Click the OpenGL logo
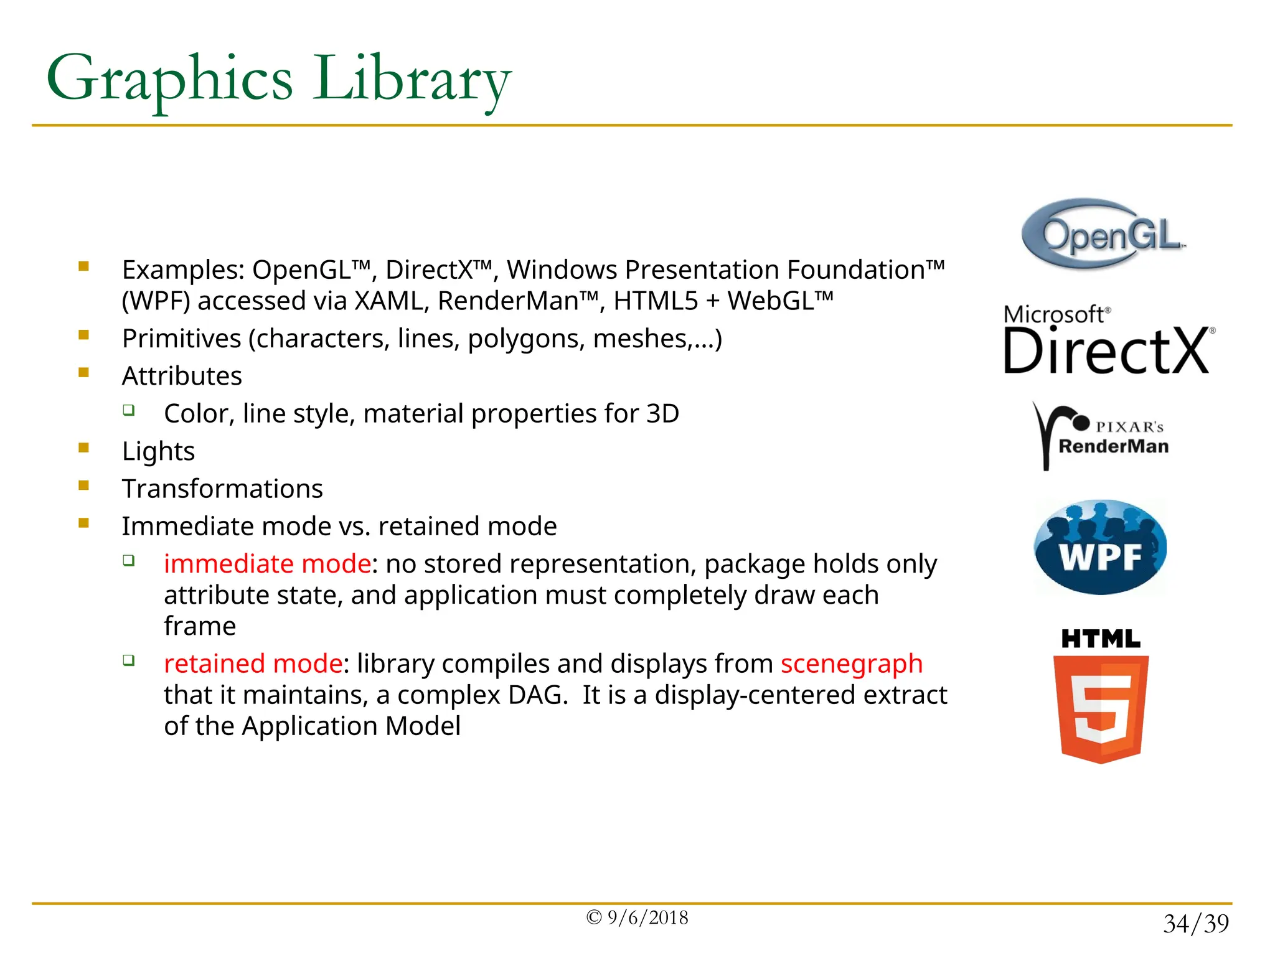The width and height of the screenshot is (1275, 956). tap(1104, 234)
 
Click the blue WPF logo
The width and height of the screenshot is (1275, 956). tap(1100, 547)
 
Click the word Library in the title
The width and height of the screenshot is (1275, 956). tap(411, 80)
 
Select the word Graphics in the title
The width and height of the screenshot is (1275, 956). tap(169, 80)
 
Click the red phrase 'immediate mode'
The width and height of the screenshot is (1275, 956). tap(267, 564)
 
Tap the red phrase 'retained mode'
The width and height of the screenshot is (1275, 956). tap(253, 663)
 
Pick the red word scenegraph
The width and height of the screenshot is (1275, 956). tap(851, 663)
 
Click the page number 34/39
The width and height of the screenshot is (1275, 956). tap(1195, 924)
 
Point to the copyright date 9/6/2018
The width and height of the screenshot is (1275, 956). tap(647, 918)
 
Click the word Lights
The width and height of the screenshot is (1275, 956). tap(158, 451)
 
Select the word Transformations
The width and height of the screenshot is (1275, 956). tap(222, 489)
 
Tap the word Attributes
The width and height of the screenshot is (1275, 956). tap(182, 377)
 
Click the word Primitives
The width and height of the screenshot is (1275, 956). tap(181, 339)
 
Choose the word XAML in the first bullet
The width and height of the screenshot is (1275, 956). tap(391, 301)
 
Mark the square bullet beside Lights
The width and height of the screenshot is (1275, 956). tap(84, 448)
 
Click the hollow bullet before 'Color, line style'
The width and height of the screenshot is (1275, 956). tap(129, 410)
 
